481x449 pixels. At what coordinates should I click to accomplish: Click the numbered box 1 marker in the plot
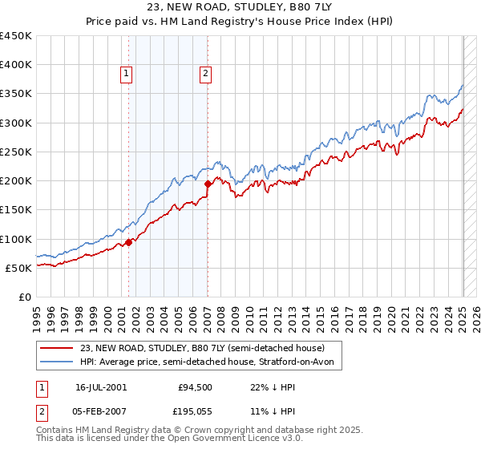tap(127, 75)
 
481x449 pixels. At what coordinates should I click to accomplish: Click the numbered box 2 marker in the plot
tap(205, 75)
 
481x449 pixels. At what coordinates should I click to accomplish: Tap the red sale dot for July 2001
tap(128, 241)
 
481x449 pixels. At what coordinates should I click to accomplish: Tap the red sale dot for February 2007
tap(208, 184)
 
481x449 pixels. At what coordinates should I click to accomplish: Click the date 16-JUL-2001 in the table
tap(101, 386)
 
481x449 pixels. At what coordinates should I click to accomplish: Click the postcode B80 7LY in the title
tap(322, 10)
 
